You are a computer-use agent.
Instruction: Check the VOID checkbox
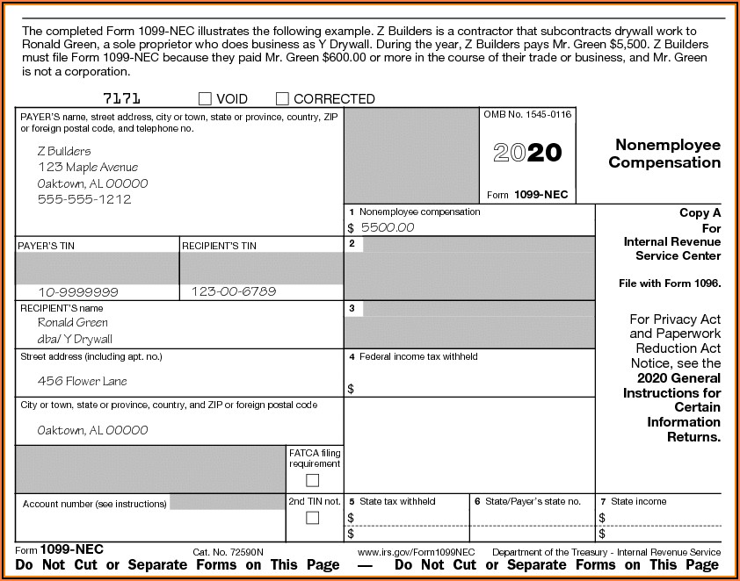point(205,99)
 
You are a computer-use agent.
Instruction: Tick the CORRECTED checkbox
point(282,99)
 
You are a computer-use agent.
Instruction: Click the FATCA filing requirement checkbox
point(312,480)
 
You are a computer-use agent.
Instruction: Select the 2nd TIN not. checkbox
point(312,518)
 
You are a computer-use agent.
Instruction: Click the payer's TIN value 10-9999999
point(78,291)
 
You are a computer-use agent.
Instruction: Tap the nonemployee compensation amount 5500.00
point(387,227)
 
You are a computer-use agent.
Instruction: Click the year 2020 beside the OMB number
point(527,153)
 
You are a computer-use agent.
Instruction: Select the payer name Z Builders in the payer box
point(64,151)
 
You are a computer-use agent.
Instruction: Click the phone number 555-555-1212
point(84,199)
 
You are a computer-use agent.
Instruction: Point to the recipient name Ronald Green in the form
point(73,322)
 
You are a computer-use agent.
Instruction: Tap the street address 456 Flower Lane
point(82,381)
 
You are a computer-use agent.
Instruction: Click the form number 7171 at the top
point(121,98)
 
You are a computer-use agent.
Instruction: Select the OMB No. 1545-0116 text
point(527,115)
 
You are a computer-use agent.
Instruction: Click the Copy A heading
point(700,212)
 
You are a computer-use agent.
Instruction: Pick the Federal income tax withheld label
point(418,357)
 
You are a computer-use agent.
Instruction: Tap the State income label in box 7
point(639,501)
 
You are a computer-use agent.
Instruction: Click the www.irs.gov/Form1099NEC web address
point(417,552)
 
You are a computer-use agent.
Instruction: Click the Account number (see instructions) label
point(94,504)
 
